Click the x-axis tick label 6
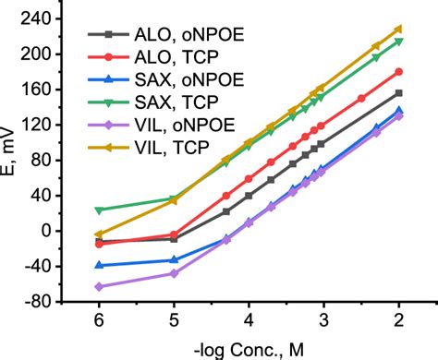point(98,318)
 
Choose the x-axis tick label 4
point(249,318)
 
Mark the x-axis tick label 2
point(398,318)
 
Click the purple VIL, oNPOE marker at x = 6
point(98,286)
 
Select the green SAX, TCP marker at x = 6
point(98,210)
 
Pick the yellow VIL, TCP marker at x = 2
point(398,29)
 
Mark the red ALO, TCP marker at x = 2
point(398,71)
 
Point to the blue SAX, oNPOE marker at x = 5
point(174,259)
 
